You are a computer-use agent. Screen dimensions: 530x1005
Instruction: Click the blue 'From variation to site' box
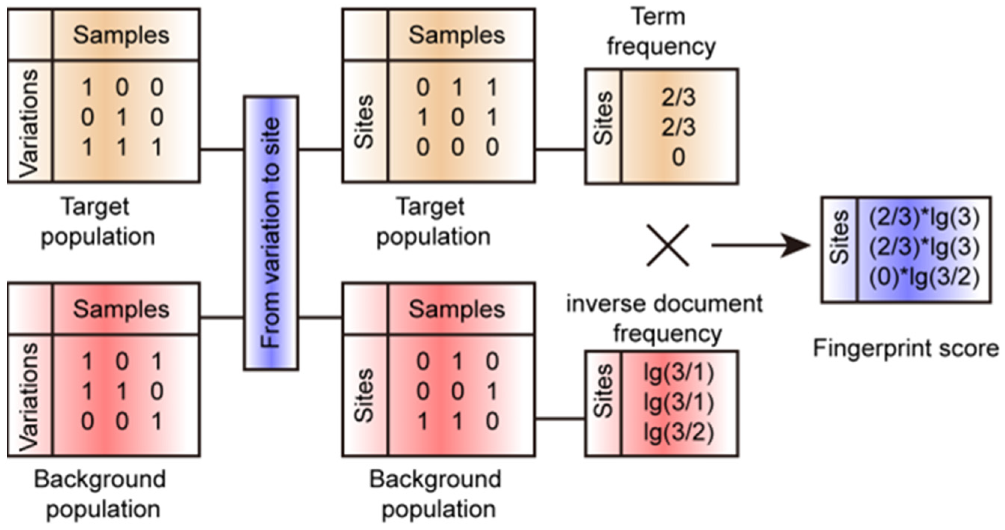[x=271, y=233]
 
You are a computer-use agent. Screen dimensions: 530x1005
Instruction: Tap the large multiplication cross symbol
[x=668, y=245]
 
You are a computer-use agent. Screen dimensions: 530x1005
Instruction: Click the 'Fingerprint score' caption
[x=905, y=348]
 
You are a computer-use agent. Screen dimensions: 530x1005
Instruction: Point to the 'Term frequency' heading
[x=661, y=32]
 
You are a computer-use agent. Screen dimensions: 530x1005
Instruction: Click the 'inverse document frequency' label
[x=664, y=319]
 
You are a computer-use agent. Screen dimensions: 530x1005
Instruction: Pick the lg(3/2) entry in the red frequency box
[x=678, y=433]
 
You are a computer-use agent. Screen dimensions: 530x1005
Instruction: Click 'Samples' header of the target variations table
[x=121, y=35]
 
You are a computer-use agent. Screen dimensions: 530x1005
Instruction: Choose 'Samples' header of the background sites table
[x=456, y=310]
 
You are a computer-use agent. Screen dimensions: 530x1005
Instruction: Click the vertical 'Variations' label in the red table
[x=30, y=397]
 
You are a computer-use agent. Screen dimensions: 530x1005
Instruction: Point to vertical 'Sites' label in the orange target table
[x=365, y=122]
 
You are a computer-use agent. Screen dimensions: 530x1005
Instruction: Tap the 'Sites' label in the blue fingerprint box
[x=840, y=238]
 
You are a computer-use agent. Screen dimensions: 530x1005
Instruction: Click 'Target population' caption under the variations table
[x=97, y=222]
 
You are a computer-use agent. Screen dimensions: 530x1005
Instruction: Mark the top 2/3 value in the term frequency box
[x=678, y=97]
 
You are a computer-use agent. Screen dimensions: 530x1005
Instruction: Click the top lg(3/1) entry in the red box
[x=678, y=372]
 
